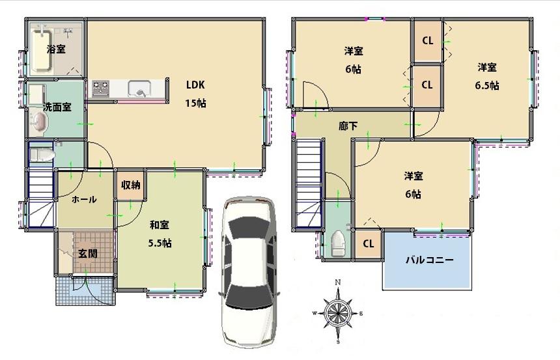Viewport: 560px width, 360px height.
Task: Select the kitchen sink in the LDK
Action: coord(139,88)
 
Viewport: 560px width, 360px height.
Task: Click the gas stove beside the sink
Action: coord(100,88)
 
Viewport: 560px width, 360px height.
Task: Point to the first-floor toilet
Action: coord(41,154)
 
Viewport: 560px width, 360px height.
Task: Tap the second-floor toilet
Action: coord(337,245)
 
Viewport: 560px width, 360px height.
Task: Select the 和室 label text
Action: coord(160,225)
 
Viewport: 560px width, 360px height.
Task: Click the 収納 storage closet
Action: coord(130,185)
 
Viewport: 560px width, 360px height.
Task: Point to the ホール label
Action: coord(84,199)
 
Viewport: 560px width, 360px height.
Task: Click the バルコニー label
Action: coord(430,260)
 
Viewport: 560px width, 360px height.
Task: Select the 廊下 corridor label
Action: coord(348,126)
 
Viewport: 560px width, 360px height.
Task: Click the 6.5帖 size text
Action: coord(487,85)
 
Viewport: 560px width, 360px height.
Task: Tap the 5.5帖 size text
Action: coord(160,243)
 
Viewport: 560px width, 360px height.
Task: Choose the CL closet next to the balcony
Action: coord(368,244)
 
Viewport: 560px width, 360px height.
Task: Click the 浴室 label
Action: coord(55,49)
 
